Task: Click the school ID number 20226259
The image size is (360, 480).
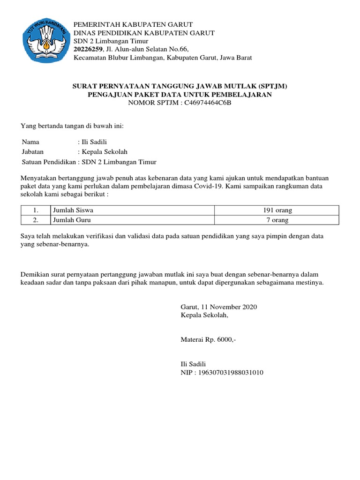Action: (89, 49)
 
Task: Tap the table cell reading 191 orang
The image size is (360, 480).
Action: (276, 210)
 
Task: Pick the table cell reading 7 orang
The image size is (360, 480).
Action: (276, 220)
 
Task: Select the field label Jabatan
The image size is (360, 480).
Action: (33, 151)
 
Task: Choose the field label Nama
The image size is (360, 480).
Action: (31, 141)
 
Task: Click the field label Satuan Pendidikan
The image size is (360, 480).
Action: (49, 162)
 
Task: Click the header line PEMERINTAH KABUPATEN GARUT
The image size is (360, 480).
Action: (134, 24)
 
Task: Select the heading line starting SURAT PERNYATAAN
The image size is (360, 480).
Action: (180, 86)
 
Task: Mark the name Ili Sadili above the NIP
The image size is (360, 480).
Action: (193, 364)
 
